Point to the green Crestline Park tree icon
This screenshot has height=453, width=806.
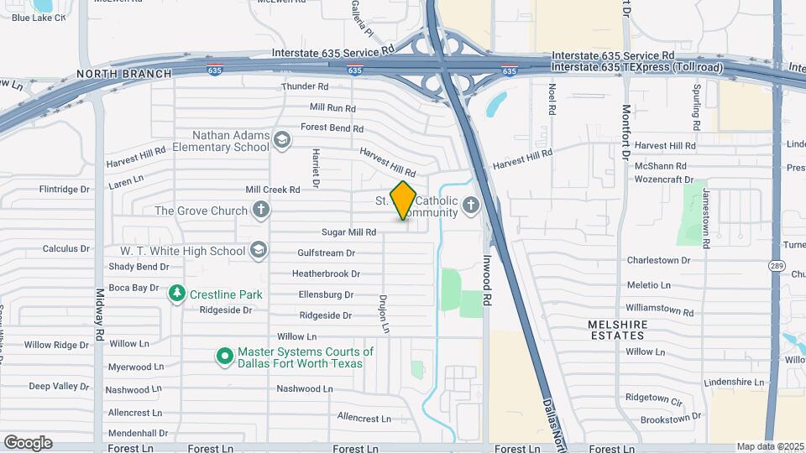click(x=177, y=294)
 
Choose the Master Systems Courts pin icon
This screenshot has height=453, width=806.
click(x=224, y=357)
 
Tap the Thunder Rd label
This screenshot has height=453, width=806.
click(x=305, y=86)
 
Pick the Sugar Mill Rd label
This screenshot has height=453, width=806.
click(x=348, y=232)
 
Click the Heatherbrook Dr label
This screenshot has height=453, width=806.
click(x=326, y=273)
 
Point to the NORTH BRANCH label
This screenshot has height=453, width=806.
click(x=123, y=74)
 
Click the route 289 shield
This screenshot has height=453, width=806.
click(x=776, y=265)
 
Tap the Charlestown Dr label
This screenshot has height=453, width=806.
click(x=658, y=260)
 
